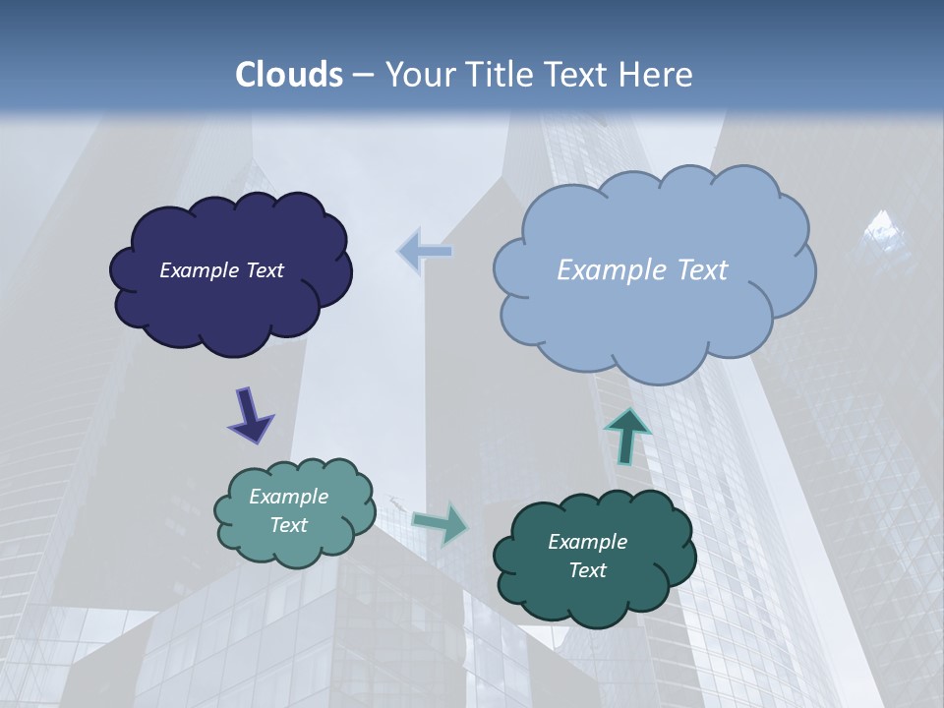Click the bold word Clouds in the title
289,75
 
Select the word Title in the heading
501,75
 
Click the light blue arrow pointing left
425,252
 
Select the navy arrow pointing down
250,415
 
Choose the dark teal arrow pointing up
626,436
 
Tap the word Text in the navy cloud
264,270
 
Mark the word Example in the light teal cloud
289,497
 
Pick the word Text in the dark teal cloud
588,570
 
